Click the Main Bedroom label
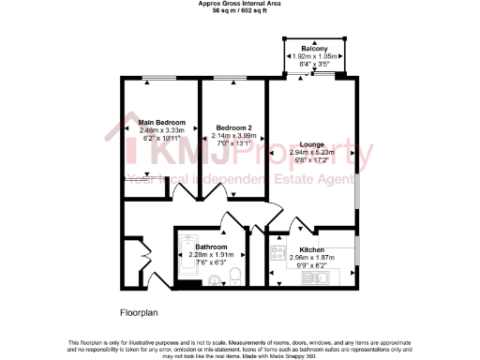(x=161, y=123)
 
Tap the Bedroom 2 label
(x=233, y=127)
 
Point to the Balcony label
(x=314, y=49)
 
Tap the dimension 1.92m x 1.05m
(x=314, y=57)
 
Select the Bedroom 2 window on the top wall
(x=231, y=78)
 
